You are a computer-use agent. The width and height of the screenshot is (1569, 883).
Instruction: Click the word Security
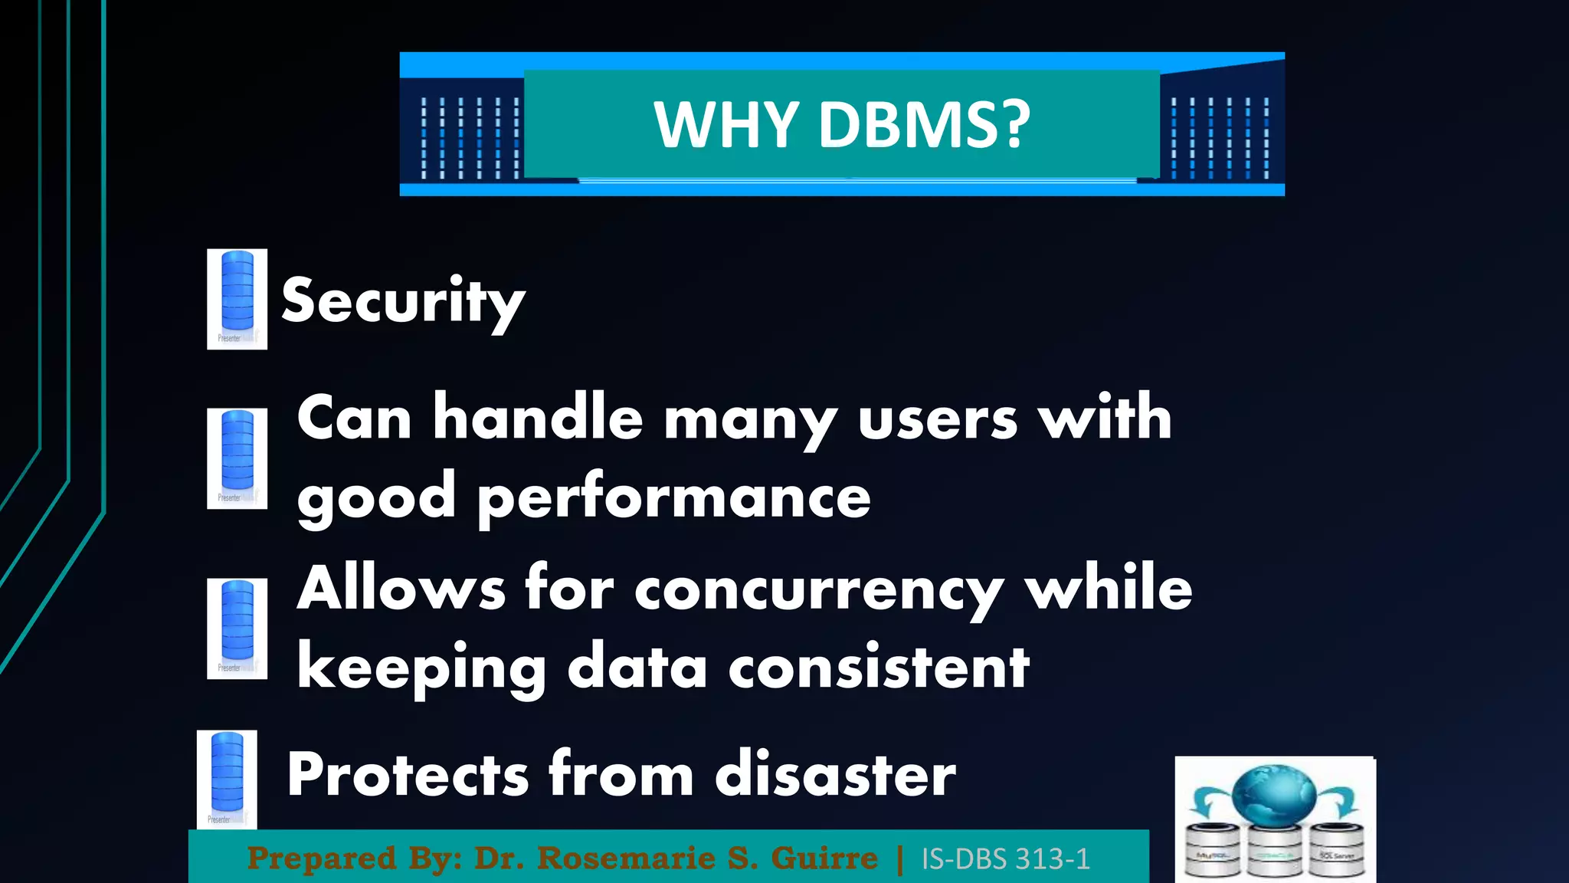(x=403, y=301)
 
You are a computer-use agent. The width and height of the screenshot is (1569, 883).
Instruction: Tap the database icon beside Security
(x=237, y=299)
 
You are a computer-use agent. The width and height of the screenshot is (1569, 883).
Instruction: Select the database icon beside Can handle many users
(x=237, y=458)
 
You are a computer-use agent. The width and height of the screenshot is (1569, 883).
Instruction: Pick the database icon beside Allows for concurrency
(x=237, y=628)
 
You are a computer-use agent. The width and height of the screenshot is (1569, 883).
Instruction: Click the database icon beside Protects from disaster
(x=227, y=779)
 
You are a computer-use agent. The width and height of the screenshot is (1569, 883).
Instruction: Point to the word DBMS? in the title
(x=925, y=125)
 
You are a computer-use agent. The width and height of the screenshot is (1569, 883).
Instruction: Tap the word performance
(x=674, y=499)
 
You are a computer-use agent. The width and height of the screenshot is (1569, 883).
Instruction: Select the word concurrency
(x=819, y=590)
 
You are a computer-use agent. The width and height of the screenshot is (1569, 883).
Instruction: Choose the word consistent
(x=879, y=668)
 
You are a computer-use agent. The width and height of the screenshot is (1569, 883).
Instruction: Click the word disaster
(x=835, y=774)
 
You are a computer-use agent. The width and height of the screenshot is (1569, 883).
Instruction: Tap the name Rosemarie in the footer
(x=626, y=858)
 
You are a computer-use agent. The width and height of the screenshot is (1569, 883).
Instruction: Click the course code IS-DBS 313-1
(x=1005, y=859)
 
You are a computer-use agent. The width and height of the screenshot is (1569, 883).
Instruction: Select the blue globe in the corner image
(x=1274, y=796)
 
